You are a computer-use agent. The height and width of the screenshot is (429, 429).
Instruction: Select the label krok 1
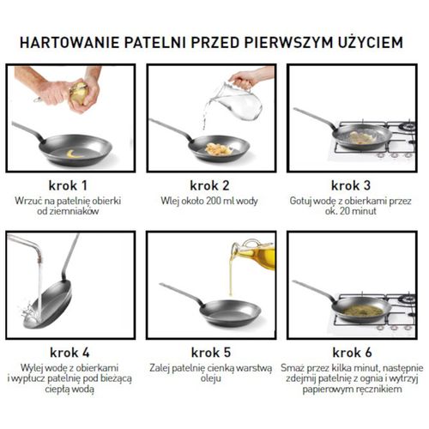click(x=65, y=184)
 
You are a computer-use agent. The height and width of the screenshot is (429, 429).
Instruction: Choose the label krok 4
click(x=65, y=351)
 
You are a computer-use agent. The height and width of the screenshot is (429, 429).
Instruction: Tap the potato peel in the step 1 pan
click(x=71, y=154)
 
